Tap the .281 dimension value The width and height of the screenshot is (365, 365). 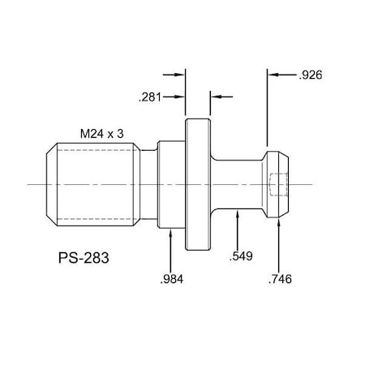point(149,97)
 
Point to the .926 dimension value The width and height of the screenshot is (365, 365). point(312,75)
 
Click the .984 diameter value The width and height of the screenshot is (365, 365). point(172,280)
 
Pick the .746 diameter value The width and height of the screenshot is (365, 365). point(279,280)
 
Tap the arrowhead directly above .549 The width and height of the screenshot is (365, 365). point(236,213)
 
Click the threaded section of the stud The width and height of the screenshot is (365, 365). point(97,184)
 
